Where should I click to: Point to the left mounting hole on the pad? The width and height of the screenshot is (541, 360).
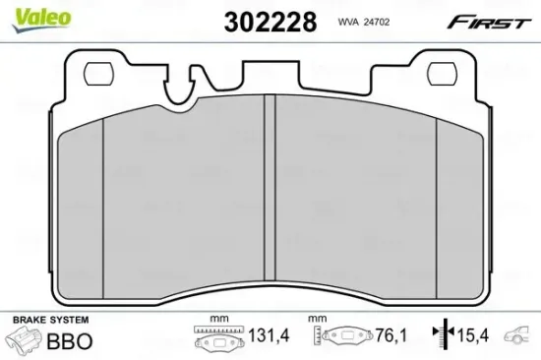(98, 72)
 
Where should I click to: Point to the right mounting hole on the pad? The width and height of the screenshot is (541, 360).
(444, 72)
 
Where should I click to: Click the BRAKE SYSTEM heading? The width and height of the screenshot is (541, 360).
(48, 321)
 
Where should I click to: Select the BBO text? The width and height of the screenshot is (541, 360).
(71, 342)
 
